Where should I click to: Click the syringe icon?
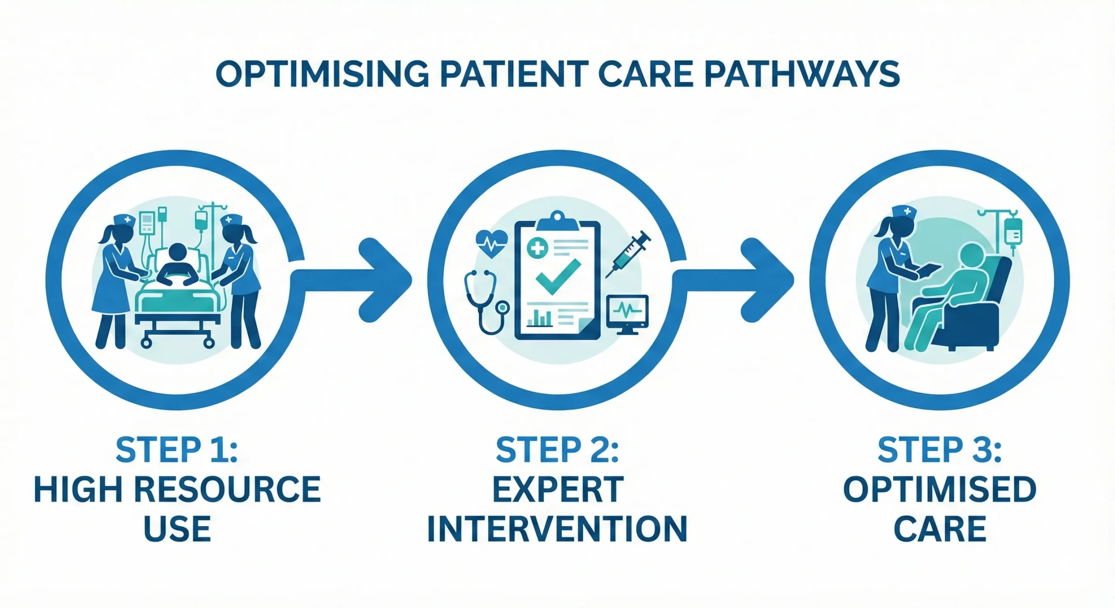pos(628,255)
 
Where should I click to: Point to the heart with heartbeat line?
pos(492,244)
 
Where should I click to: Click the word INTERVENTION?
pos(557,529)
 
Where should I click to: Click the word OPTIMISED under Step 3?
pos(939,490)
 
